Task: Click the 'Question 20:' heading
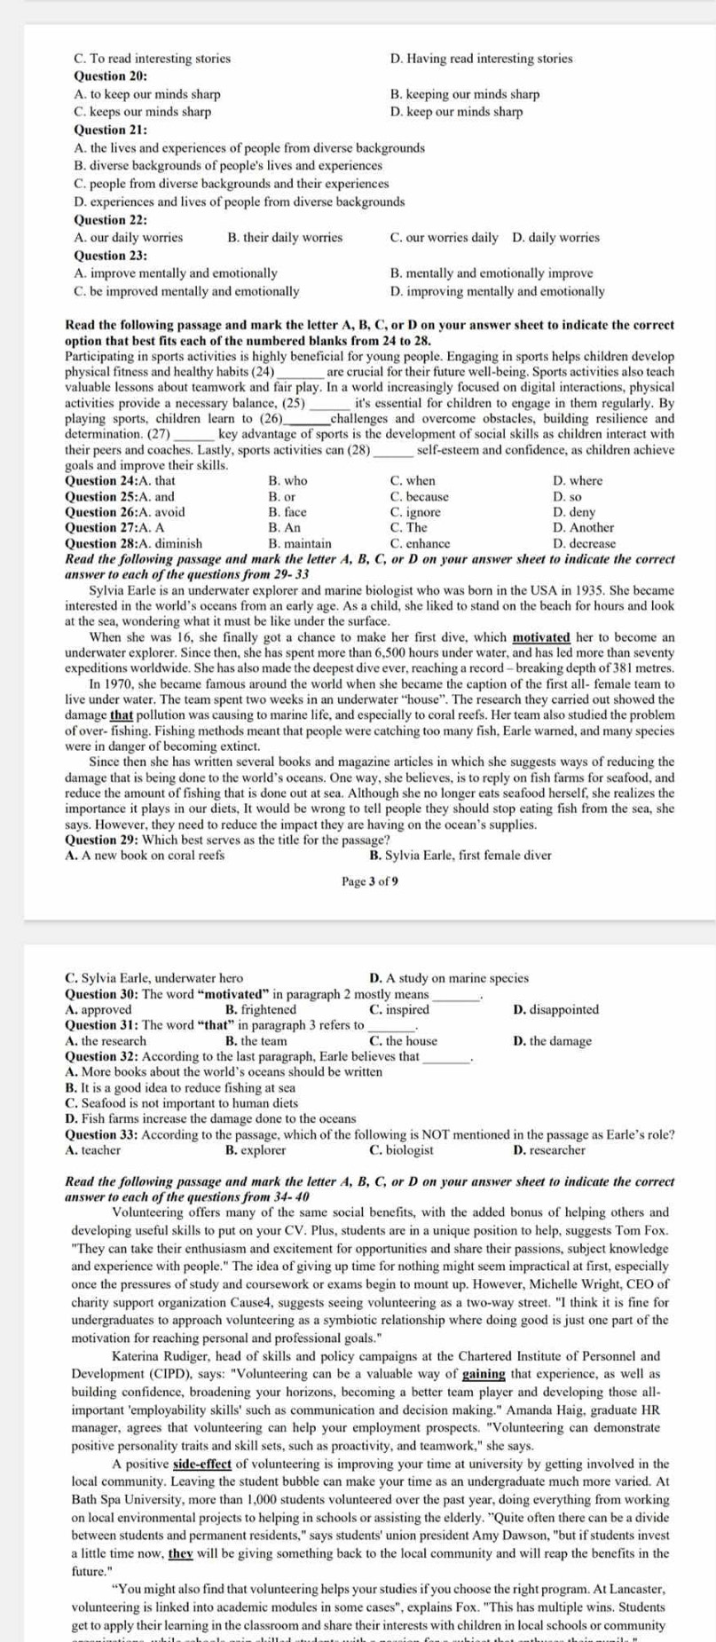tap(111, 76)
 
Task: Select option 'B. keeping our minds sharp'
tap(464, 94)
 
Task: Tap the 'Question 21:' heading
tap(111, 130)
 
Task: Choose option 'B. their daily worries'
tap(285, 238)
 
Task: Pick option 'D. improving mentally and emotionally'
tap(497, 291)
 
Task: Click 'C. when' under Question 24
tap(413, 481)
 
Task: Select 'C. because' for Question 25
tap(419, 497)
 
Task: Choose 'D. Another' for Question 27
tap(583, 527)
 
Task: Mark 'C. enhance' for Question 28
tap(420, 543)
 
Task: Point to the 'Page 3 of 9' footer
tap(370, 881)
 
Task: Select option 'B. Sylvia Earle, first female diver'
tap(460, 856)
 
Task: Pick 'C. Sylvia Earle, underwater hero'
tap(154, 978)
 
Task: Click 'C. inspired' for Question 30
tap(398, 1009)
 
